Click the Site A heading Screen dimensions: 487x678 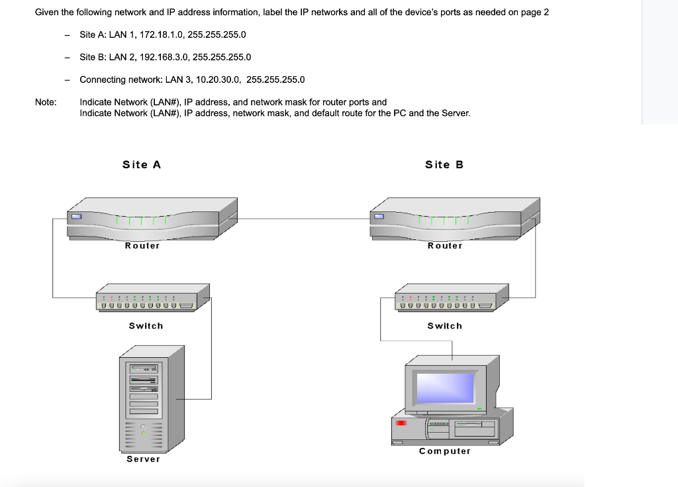coord(142,164)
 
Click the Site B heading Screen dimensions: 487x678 coord(444,164)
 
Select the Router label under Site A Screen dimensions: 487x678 coord(142,246)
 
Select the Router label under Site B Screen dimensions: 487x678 coord(445,246)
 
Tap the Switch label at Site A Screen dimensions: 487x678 coord(146,326)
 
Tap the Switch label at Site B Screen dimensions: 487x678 coord(445,326)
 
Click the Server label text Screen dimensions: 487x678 coord(144,459)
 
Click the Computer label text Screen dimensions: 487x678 coord(445,451)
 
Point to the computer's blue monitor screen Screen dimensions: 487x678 coord(444,387)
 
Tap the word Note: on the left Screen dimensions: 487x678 coord(46,102)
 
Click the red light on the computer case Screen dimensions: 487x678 coord(401,422)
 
